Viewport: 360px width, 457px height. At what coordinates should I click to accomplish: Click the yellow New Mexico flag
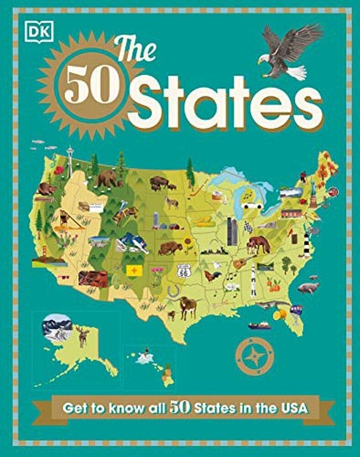tap(133, 271)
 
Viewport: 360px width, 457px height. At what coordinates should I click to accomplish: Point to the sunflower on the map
tap(188, 243)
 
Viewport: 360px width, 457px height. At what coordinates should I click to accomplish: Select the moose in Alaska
tap(82, 336)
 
